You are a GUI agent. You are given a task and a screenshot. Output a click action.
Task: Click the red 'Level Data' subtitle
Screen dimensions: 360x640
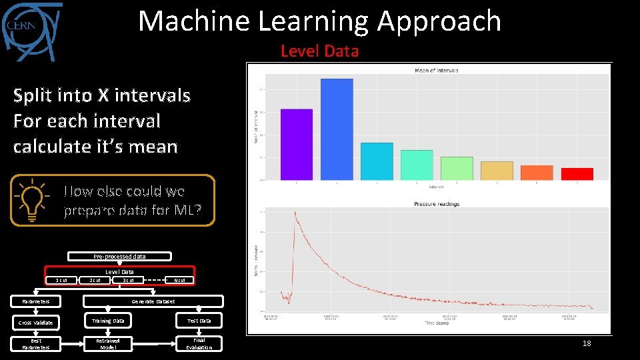click(x=319, y=51)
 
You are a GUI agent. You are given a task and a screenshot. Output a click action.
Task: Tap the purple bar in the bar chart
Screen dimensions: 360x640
click(x=297, y=144)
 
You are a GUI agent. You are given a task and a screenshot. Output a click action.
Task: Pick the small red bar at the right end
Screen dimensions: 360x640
click(x=577, y=174)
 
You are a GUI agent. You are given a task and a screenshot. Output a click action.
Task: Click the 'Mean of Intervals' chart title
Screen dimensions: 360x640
click(x=436, y=70)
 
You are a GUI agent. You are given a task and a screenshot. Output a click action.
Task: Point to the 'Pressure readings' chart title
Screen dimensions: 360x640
click(x=437, y=204)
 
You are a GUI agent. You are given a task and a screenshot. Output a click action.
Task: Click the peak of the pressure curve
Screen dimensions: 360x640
click(x=294, y=213)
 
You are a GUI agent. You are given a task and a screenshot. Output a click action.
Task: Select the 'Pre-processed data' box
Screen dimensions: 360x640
click(x=119, y=256)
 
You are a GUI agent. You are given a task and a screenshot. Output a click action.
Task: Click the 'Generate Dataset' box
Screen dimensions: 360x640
click(x=153, y=301)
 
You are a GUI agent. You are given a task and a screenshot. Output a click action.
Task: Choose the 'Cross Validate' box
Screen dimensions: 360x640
click(x=35, y=323)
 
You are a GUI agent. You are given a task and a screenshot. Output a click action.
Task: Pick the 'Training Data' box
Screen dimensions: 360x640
click(x=108, y=321)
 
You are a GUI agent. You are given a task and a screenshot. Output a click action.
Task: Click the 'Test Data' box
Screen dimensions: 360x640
click(x=199, y=321)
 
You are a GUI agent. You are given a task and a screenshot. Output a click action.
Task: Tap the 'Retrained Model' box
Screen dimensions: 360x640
click(x=108, y=343)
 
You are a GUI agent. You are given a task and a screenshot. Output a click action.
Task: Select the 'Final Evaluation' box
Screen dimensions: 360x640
click(x=199, y=343)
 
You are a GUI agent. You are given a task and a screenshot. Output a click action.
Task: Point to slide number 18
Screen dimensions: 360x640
click(x=587, y=343)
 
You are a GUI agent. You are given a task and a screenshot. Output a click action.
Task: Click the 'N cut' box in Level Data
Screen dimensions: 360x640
click(x=179, y=280)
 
